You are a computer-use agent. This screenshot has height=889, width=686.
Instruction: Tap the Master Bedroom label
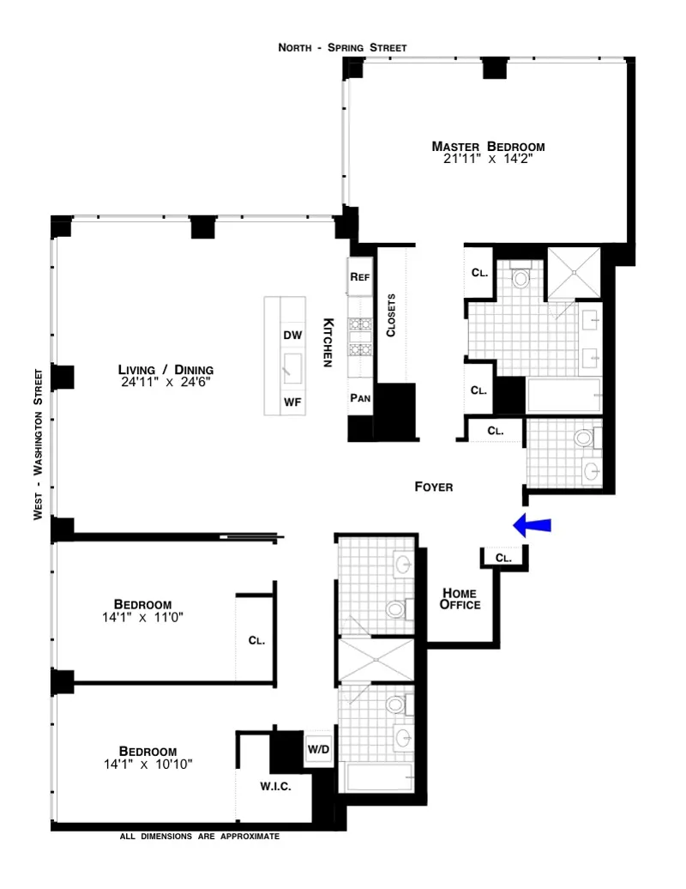coord(488,146)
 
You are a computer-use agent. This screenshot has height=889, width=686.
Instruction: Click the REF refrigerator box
coord(359,277)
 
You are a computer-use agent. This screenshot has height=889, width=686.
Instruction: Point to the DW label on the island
coord(292,336)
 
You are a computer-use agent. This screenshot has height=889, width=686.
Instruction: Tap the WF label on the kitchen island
coord(292,402)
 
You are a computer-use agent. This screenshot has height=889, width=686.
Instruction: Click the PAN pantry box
coord(359,397)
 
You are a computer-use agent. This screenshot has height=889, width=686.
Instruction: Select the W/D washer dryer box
coord(318,749)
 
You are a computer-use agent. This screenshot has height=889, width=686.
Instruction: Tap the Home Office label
coord(460,598)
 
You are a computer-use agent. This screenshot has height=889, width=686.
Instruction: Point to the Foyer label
coord(433,487)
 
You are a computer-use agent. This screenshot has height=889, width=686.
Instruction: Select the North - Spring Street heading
coord(342,47)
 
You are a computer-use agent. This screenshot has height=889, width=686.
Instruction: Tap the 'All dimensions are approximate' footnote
coord(200,835)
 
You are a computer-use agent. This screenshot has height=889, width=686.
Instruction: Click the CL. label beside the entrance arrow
coord(503,558)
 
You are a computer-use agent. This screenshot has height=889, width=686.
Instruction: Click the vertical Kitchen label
coord(328,343)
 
